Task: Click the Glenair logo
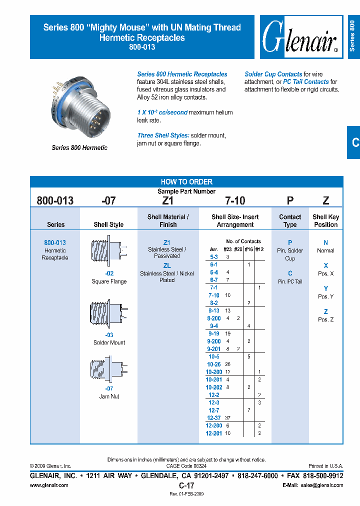pos(300,37)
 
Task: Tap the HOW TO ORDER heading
pos(186,182)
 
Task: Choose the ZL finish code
pos(167,266)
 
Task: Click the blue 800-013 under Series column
pos(55,242)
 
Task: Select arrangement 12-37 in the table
pos(213,418)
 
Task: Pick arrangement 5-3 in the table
pos(213,256)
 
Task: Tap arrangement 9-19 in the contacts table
pos(213,333)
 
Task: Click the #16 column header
pos(248,249)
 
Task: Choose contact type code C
pos(290,273)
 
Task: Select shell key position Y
pos(326,288)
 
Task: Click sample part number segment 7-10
pos(235,201)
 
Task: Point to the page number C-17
pos(186,485)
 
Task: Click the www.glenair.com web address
pos(49,485)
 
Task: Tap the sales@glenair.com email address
pos(320,485)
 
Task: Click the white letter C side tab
pos(355,142)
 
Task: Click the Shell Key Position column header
pos(325,220)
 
